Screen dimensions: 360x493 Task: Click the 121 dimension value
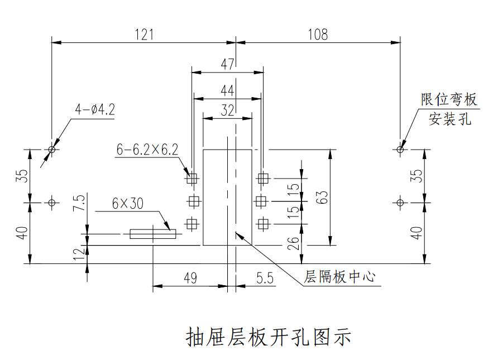[x=144, y=35]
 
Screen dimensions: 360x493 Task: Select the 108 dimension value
[x=318, y=35]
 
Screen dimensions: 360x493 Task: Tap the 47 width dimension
[x=227, y=64]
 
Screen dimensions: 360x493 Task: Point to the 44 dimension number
[x=227, y=91]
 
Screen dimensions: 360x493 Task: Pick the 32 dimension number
[x=227, y=110]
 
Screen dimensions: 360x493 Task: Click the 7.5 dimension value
[x=79, y=202]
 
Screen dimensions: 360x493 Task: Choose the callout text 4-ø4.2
[x=95, y=109]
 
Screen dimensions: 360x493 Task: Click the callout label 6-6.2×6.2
[x=147, y=150]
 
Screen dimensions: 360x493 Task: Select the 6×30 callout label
[x=127, y=204]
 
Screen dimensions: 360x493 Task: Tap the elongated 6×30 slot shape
[x=152, y=234]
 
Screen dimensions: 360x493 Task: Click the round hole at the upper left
[x=52, y=150]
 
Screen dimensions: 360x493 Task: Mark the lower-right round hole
[x=400, y=202]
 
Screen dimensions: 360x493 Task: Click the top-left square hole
[x=193, y=179]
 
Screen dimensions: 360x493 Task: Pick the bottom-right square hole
[x=263, y=224]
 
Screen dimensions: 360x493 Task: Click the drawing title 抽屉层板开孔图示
[x=268, y=337]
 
